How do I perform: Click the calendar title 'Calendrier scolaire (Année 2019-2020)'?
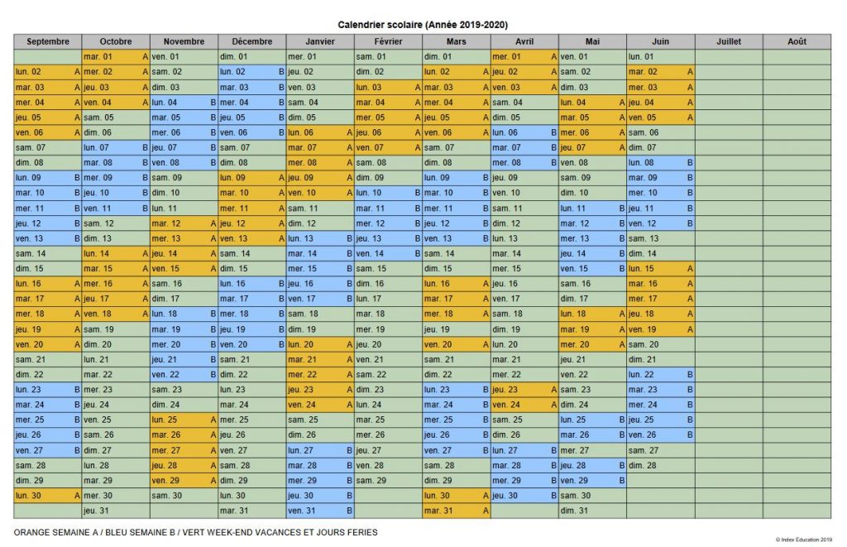click(423, 26)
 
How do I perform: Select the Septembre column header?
click(47, 41)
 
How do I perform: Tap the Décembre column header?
click(252, 41)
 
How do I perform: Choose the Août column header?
click(797, 41)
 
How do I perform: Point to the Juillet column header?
click(729, 41)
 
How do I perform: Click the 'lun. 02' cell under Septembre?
click(47, 72)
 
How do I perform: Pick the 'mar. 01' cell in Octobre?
click(116, 56)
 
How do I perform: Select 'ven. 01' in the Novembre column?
click(184, 56)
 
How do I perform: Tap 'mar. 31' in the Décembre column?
click(252, 511)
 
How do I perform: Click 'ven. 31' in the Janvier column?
click(320, 511)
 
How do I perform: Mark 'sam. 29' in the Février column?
click(388, 480)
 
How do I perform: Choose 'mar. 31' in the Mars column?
click(456, 511)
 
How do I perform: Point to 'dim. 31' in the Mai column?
click(592, 511)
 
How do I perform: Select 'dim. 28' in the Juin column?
click(660, 465)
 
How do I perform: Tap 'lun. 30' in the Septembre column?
click(47, 496)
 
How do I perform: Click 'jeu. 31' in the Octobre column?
click(116, 511)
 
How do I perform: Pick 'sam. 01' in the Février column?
click(388, 56)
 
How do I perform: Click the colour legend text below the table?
click(195, 531)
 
